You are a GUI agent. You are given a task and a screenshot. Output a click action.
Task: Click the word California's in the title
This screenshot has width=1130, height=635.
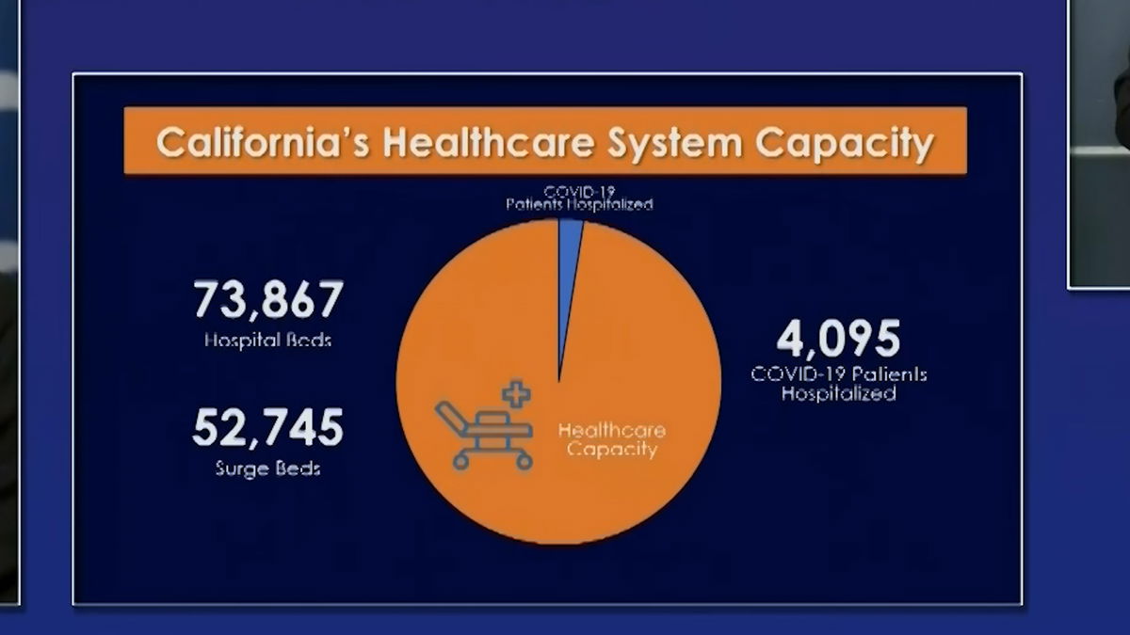coord(263,142)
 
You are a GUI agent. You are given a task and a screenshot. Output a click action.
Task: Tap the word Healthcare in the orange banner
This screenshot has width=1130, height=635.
coord(488,142)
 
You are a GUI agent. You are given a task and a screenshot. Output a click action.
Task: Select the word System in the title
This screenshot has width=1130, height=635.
coord(675,144)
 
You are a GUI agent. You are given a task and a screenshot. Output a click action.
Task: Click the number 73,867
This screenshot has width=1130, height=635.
coord(268,299)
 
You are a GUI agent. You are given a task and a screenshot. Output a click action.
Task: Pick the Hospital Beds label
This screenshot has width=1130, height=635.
coord(267,341)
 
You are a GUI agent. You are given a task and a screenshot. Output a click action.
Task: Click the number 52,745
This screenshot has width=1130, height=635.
coord(267,428)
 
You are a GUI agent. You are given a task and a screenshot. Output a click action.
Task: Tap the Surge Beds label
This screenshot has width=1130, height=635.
coord(267,468)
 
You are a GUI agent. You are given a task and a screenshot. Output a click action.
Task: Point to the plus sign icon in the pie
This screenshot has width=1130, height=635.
coord(516,394)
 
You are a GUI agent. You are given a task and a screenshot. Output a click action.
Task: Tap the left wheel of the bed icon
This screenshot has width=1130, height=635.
coord(460,461)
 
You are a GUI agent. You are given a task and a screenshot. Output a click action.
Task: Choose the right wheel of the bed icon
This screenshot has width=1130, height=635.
coord(525,461)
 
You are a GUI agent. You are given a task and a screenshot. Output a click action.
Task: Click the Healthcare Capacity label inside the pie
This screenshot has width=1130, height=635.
coord(612,440)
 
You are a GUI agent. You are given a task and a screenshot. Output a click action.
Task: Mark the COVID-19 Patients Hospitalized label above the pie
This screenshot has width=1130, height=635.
coord(579,198)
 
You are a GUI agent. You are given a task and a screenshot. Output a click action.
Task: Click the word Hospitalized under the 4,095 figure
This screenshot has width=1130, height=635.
coord(838,393)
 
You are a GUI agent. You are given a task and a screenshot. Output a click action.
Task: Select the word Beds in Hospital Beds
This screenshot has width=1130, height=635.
coord(309,341)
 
